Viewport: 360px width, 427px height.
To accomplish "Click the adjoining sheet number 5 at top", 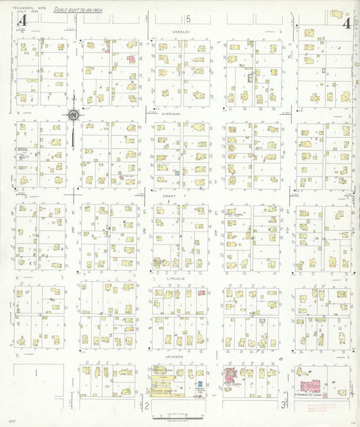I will [189, 18].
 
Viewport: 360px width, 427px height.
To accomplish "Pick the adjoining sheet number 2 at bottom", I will [147, 405].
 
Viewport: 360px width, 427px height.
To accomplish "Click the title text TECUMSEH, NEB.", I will [24, 8].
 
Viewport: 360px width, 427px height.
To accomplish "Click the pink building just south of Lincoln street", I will [201, 293].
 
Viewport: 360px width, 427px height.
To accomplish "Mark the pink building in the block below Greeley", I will [132, 59].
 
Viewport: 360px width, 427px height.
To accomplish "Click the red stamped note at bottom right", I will [325, 408].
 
